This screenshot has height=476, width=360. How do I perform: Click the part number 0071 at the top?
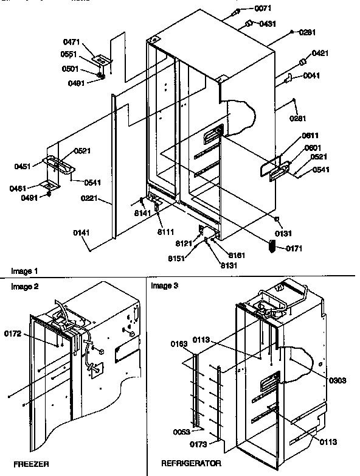263,9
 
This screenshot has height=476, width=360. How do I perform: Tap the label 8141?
142,214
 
